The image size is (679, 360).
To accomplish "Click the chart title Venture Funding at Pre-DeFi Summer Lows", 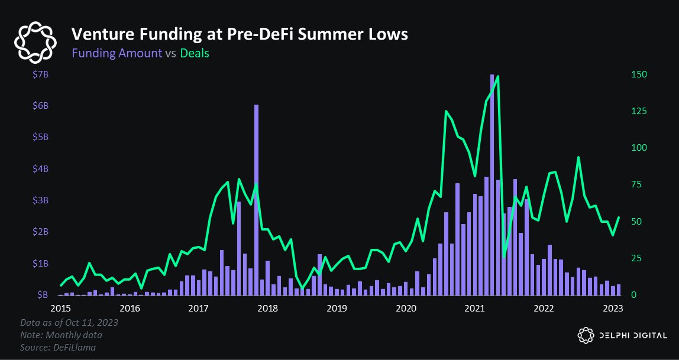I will (x=240, y=34).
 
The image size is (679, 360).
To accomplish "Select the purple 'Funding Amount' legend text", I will (x=117, y=53).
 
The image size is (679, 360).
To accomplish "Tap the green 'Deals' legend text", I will (x=195, y=53).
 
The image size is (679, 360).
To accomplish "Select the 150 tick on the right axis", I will (x=639, y=74).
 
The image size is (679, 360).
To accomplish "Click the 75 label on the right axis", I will (x=636, y=185).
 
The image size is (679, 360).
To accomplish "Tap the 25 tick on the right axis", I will (x=636, y=258).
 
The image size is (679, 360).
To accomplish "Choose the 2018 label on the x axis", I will (x=268, y=308).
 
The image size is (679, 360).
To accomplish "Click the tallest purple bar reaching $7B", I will (x=492, y=177).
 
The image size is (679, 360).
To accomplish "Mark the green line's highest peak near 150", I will (x=498, y=76).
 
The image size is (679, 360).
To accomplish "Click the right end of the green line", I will (x=619, y=218).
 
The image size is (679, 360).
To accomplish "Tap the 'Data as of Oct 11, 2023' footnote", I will (x=68, y=323).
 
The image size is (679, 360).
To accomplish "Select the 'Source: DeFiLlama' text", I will (x=57, y=348).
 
